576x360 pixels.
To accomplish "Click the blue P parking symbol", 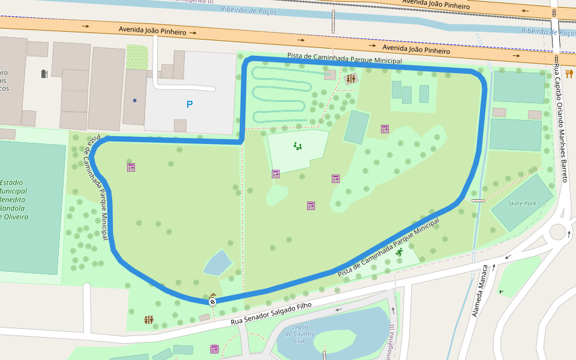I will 190,104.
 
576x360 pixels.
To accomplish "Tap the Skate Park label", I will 522,203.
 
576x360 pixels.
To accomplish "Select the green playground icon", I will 298,146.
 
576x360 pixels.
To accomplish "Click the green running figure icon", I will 400,252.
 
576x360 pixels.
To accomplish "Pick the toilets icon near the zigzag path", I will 351,79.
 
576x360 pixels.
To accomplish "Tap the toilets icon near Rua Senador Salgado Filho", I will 149,320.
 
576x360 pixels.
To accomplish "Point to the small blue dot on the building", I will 135,100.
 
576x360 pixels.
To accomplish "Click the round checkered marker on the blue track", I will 212,302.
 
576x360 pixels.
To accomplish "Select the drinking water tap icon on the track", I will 213,295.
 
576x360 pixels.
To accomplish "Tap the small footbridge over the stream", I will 478,200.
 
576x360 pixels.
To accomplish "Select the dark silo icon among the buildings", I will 44,74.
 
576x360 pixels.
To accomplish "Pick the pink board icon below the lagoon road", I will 214,349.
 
